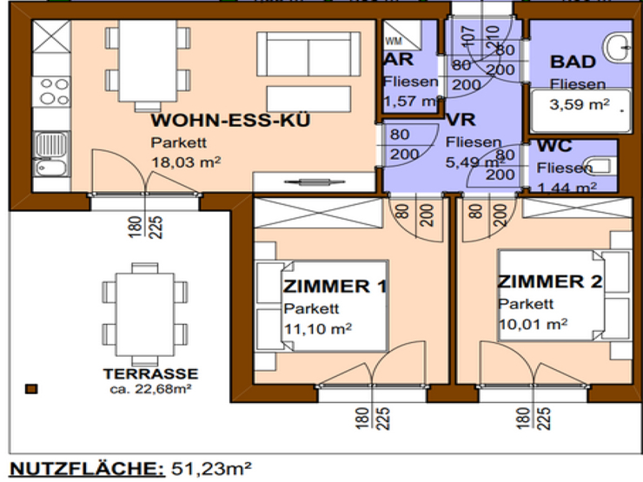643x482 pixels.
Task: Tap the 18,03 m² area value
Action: tap(185, 161)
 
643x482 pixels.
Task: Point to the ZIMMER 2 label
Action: tap(549, 282)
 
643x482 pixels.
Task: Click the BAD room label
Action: tap(573, 62)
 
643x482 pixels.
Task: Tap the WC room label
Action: tap(554, 149)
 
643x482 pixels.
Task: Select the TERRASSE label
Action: tap(150, 374)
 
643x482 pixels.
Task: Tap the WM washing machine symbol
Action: tap(393, 41)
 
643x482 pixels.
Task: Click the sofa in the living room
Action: tap(311, 55)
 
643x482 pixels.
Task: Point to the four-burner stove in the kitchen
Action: tap(52, 90)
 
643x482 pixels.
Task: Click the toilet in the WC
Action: tap(600, 164)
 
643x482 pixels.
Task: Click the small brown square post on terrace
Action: tap(31, 390)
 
